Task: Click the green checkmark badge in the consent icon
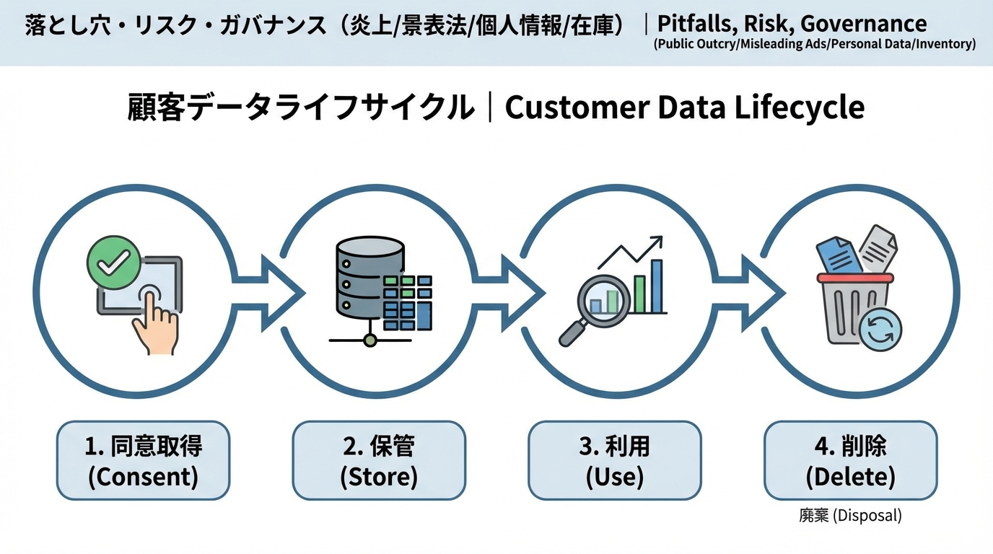point(113,263)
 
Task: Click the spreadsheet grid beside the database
point(408,303)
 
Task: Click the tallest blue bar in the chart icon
point(657,286)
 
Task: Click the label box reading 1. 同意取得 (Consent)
point(143,461)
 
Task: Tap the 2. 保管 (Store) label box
point(379,461)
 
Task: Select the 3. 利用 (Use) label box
point(614,461)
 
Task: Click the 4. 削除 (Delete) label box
point(850,461)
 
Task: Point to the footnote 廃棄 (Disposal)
point(850,516)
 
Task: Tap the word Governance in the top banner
point(863,23)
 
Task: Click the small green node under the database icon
point(369,340)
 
